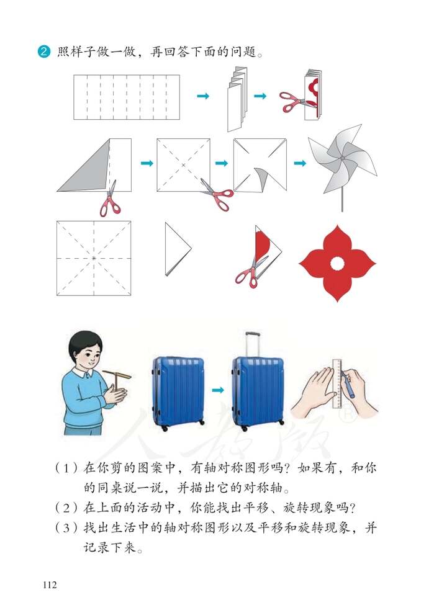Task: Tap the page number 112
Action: coord(51,584)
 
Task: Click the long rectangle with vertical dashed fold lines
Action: coord(127,97)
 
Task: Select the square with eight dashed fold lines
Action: coord(94,257)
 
